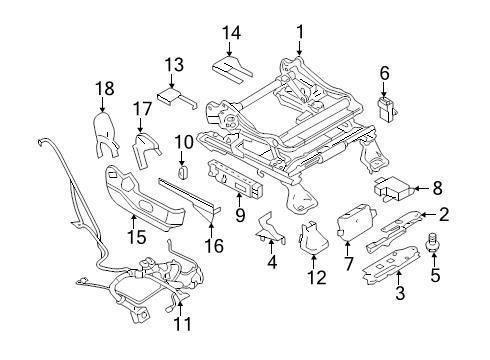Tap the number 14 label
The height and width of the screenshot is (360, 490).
[x=232, y=33]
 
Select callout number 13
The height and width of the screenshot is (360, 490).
[x=174, y=65]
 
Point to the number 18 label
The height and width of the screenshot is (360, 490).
[x=99, y=88]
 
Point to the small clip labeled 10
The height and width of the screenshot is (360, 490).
[x=183, y=171]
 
